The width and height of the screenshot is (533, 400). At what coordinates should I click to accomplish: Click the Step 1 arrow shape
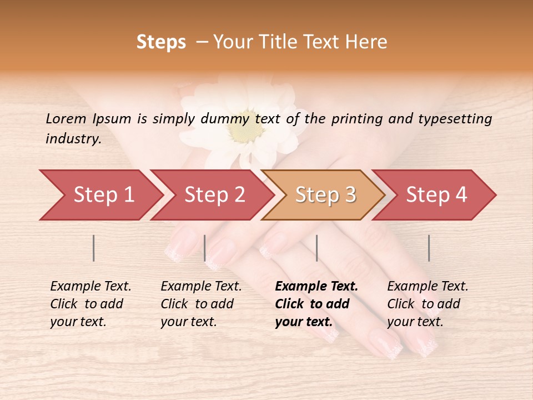click(x=100, y=195)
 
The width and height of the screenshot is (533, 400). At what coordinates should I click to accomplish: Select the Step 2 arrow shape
click(x=214, y=195)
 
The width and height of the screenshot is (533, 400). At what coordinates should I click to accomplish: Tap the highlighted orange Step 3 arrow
click(x=325, y=195)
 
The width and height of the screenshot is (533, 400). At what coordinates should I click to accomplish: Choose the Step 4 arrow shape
click(x=436, y=195)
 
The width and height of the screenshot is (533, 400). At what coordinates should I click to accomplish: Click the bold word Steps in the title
click(x=161, y=42)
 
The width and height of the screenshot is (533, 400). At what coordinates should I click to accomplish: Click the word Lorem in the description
click(x=66, y=118)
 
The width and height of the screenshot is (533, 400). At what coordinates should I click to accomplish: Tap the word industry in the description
click(x=73, y=139)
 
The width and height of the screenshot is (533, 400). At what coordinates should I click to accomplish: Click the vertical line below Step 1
click(x=94, y=248)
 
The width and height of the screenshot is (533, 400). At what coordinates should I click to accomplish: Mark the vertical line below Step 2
click(x=205, y=248)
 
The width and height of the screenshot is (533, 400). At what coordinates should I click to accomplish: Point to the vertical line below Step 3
click(x=316, y=248)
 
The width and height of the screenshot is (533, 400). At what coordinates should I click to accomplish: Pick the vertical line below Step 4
click(x=429, y=248)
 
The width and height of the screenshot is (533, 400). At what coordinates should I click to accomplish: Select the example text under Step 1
click(x=90, y=304)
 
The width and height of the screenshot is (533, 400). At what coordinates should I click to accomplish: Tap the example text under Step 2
click(x=201, y=304)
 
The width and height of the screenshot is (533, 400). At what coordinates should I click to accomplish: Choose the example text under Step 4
click(x=428, y=304)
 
